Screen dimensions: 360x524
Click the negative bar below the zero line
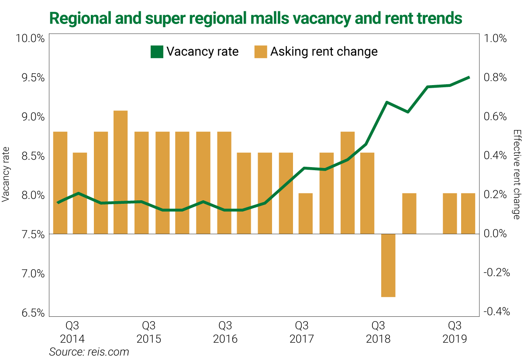388,265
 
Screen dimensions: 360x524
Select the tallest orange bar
121,172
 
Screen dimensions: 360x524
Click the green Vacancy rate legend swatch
156,51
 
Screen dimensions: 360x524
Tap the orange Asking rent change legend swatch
260,51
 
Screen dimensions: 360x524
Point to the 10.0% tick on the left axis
30,38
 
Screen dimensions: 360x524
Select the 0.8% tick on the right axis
495,78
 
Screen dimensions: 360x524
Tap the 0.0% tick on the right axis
495,233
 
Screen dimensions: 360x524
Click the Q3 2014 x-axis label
72,333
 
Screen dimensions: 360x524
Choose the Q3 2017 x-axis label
302,333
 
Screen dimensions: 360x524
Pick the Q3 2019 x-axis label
455,333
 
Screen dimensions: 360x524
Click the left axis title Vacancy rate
6,173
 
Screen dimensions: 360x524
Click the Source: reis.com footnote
89,352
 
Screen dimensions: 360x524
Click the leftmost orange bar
60,182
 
